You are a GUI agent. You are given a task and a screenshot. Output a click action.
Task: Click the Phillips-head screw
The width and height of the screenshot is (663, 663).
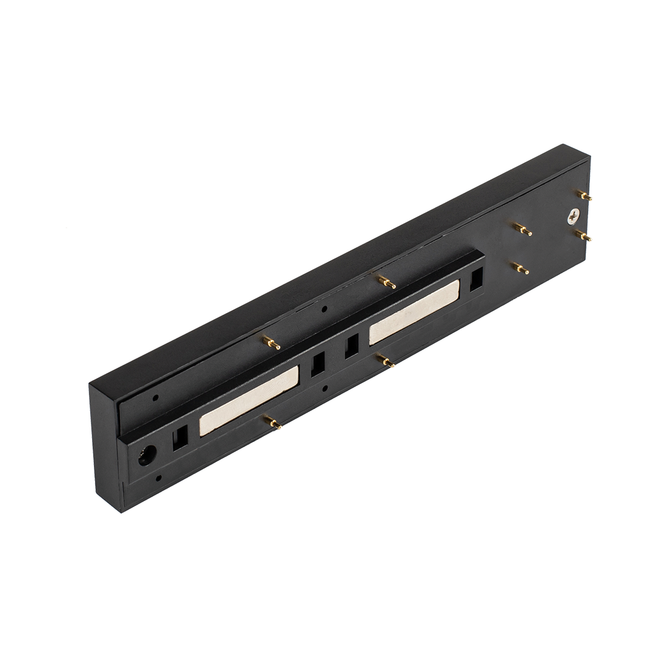[x=573, y=216]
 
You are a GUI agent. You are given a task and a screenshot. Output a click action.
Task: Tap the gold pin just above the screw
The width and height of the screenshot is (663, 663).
[x=584, y=195]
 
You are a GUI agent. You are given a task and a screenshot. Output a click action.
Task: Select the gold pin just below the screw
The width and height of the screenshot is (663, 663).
[x=583, y=235]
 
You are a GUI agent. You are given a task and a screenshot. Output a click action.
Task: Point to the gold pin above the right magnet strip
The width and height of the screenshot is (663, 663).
[x=387, y=282]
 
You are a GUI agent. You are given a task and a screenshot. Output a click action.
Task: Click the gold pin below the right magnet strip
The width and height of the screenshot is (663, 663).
[x=386, y=360]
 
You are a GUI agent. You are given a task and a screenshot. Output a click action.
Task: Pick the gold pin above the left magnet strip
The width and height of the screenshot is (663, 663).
[x=271, y=343]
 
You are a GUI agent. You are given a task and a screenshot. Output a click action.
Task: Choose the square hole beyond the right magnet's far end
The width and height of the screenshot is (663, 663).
[x=477, y=281]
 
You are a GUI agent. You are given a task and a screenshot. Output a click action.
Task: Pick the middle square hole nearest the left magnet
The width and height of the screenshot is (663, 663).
[x=318, y=366]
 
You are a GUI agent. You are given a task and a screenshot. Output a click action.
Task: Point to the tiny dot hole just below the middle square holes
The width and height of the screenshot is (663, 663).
[x=326, y=389]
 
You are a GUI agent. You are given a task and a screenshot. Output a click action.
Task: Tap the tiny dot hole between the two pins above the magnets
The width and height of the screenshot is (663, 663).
[x=325, y=309]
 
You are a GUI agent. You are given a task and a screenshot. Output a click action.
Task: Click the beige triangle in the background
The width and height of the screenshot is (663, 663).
[x=92, y=203]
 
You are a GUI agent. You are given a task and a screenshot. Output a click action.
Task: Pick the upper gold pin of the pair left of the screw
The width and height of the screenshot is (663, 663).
[x=522, y=230]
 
